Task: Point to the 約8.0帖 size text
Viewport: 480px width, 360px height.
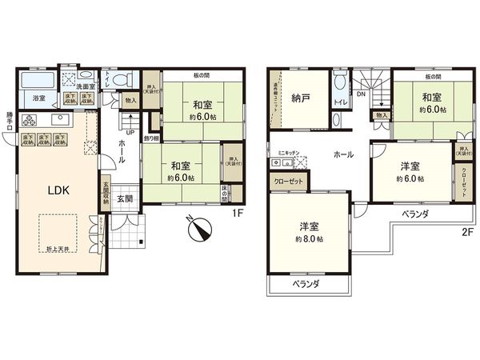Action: click(x=309, y=238)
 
